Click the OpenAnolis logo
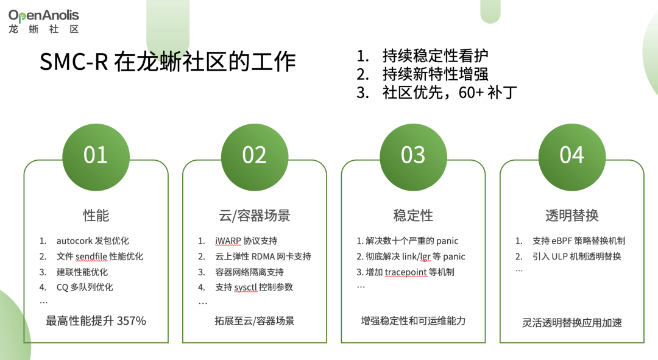tap(44, 20)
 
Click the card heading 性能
tap(96, 215)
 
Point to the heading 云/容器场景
tap(254, 215)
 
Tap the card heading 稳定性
tap(413, 215)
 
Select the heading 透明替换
tap(571, 215)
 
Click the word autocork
tap(75, 241)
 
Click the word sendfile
tap(91, 256)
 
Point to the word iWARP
tap(228, 241)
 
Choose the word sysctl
tap(247, 287)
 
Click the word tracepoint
tap(407, 272)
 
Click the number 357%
tap(132, 320)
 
